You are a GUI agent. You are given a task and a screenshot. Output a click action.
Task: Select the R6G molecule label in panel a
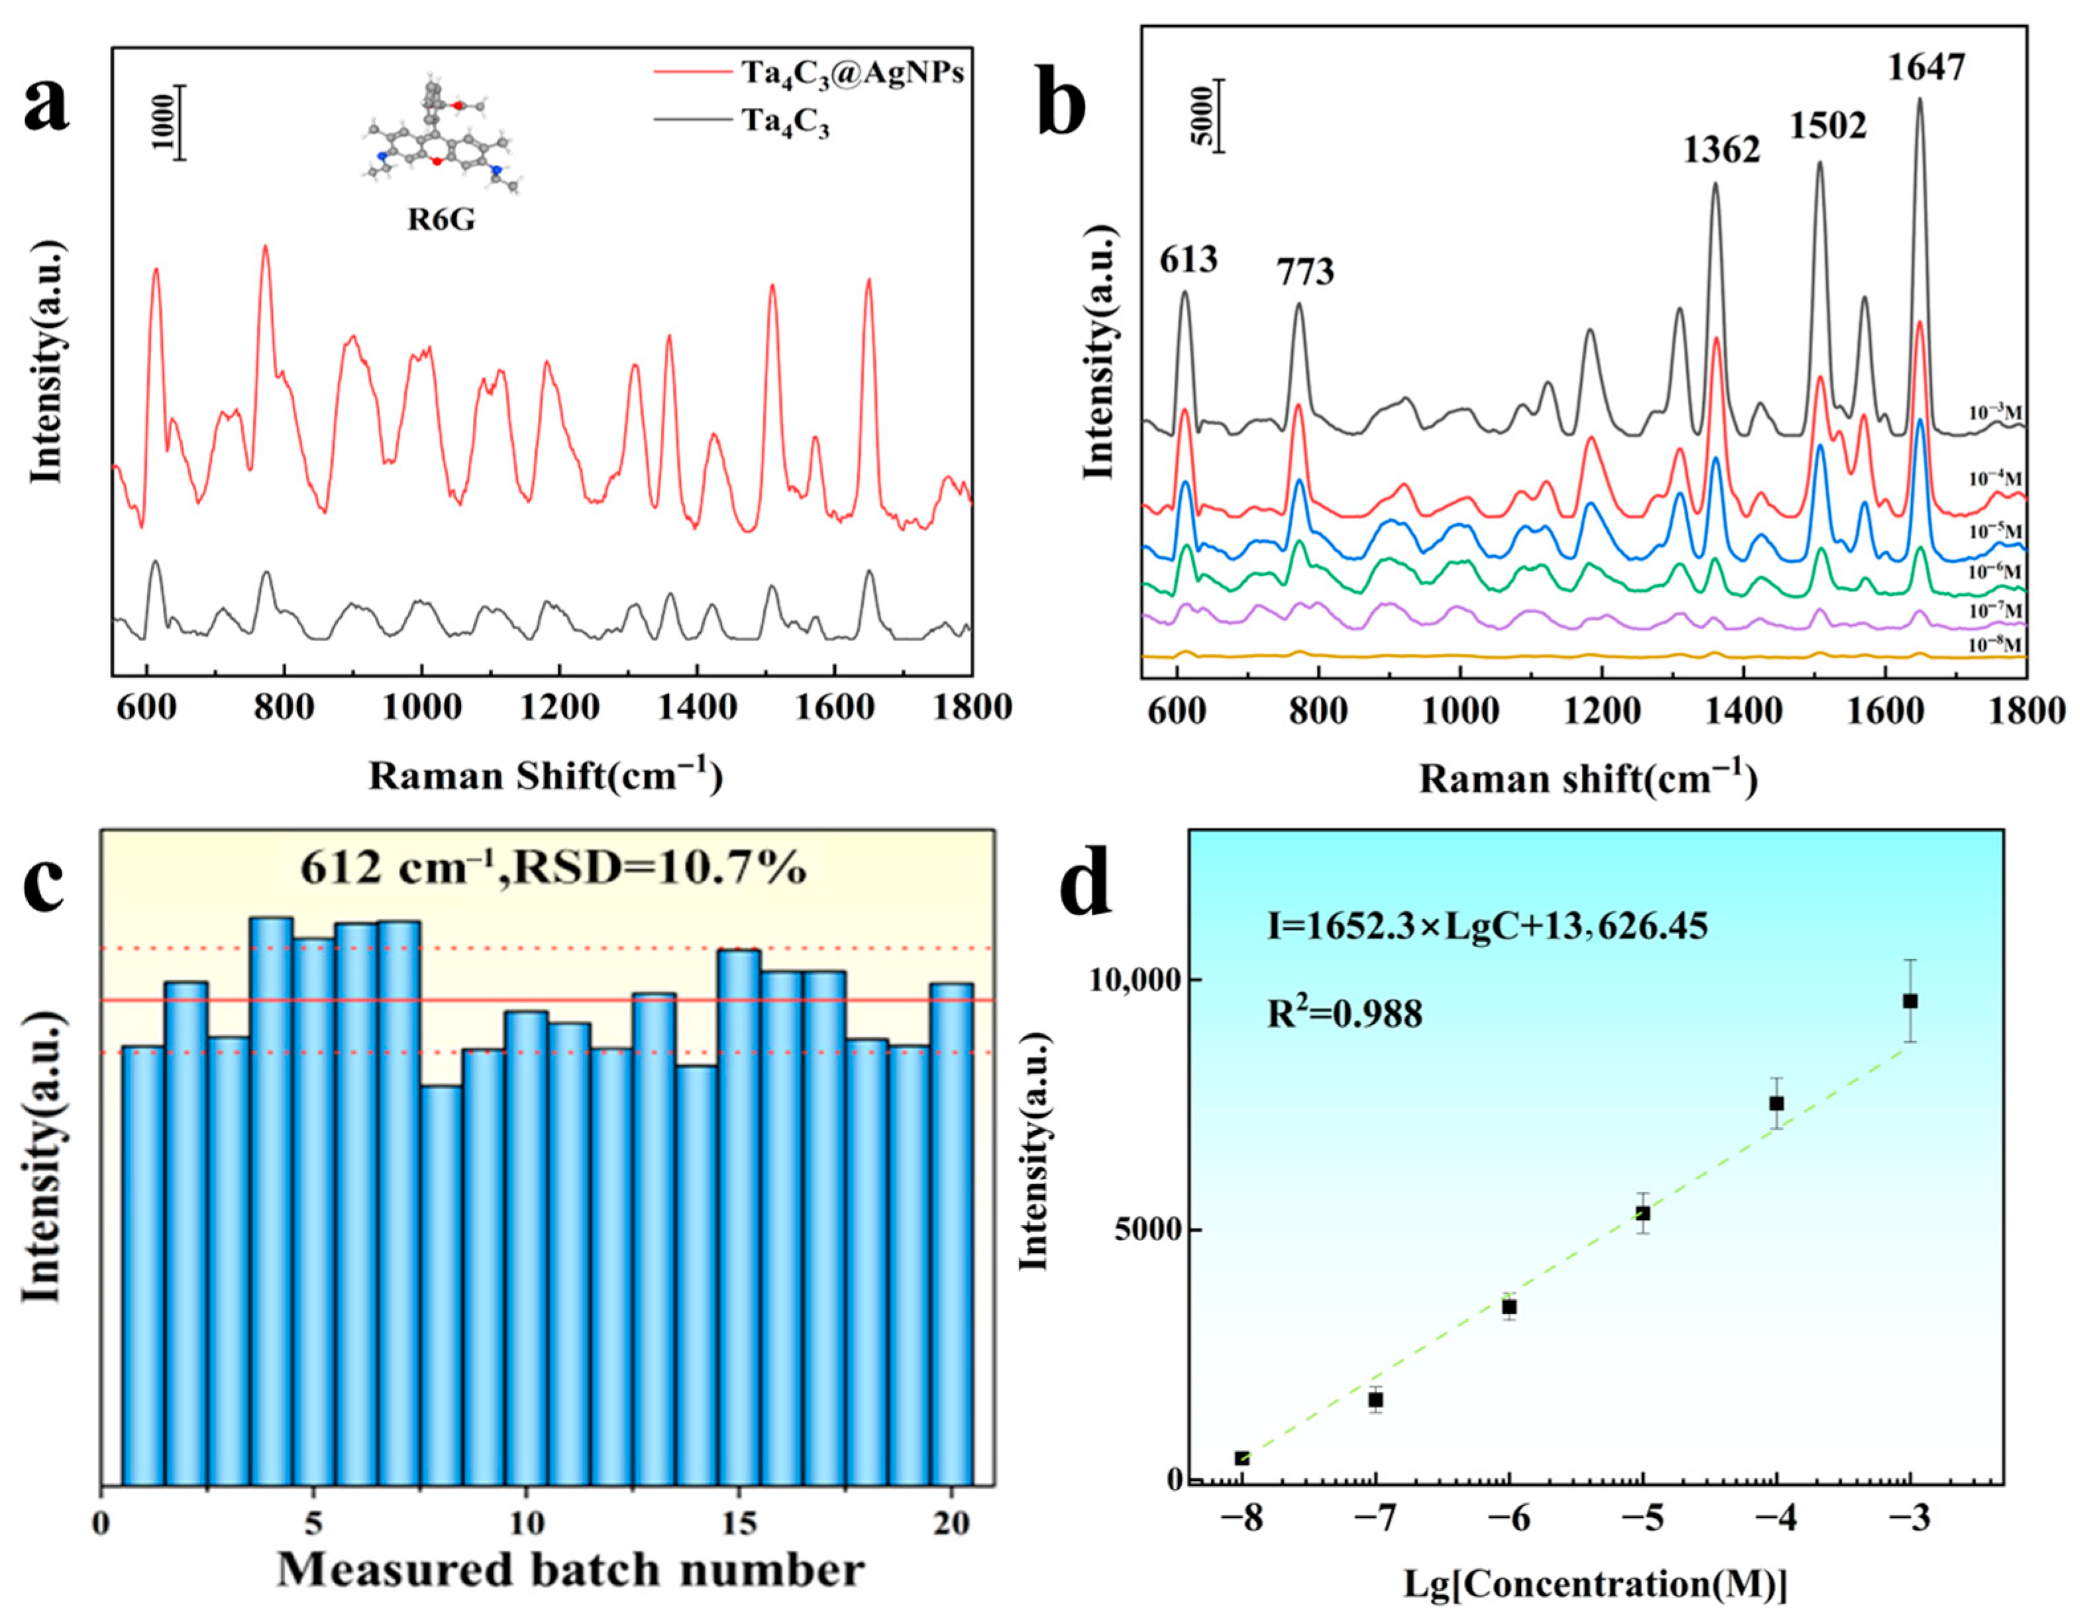point(441,221)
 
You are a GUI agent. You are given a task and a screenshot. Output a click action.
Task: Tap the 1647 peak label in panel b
point(1926,68)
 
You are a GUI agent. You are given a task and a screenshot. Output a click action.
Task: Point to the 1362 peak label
point(1721,150)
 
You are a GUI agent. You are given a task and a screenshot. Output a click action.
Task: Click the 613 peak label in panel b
point(1188,258)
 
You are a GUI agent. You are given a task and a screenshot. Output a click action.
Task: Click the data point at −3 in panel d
point(1910,1001)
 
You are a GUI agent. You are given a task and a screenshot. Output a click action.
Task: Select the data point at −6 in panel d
point(1508,1307)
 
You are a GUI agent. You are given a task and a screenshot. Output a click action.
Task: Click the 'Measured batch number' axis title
point(570,1570)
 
